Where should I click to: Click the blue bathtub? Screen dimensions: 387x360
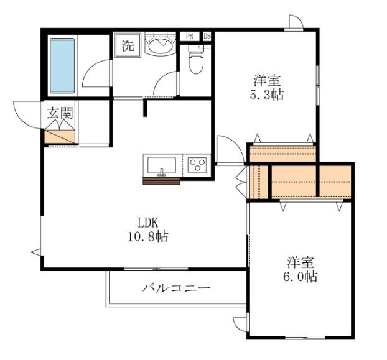(x=62, y=66)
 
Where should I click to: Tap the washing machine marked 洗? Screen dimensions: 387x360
(x=128, y=45)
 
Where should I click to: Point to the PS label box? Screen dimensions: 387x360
(x=190, y=37)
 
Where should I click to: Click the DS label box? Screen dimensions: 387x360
(x=207, y=37)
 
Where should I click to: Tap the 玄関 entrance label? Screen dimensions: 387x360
(x=60, y=113)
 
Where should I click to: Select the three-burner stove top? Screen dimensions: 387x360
(x=197, y=165)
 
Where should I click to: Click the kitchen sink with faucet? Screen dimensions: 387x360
(x=162, y=165)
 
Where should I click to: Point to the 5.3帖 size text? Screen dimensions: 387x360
(x=267, y=95)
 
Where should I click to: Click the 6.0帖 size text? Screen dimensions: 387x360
(x=300, y=277)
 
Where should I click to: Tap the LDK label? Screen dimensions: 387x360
(x=148, y=223)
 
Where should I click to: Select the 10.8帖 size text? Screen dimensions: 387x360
(x=148, y=236)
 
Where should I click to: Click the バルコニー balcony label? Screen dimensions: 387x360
(x=176, y=288)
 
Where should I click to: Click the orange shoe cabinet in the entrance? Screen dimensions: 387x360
(x=60, y=137)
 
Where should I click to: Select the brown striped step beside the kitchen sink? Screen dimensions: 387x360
(x=161, y=181)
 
